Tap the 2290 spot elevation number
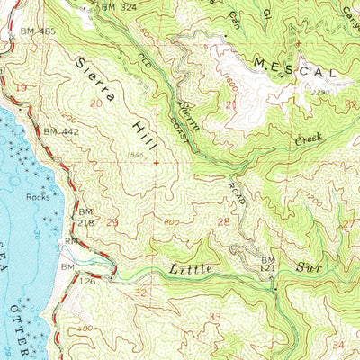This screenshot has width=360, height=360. [x=322, y=92]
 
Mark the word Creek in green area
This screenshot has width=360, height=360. [x=309, y=140]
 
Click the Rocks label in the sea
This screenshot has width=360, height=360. [x=38, y=195]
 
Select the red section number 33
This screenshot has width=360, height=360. [x=215, y=317]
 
